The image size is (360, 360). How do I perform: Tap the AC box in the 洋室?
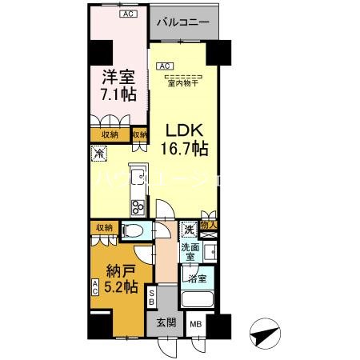[x=127, y=14]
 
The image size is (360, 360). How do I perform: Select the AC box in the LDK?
[x=165, y=66]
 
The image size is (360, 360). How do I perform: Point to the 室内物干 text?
[x=184, y=80]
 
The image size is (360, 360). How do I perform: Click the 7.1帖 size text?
[x=118, y=94]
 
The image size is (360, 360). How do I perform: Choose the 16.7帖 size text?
[x=186, y=148]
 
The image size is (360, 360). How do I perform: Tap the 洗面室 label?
[x=190, y=253]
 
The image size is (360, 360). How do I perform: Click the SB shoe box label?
[x=153, y=298]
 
